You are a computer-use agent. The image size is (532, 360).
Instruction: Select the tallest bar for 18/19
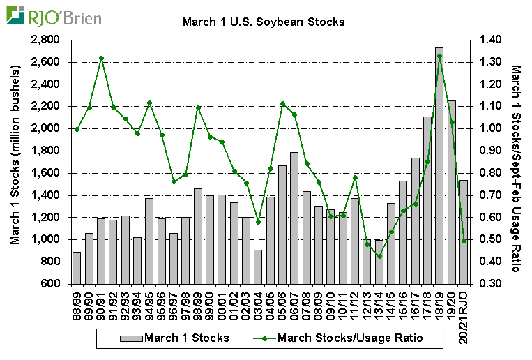(x=439, y=166)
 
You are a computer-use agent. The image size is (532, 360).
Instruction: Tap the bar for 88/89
(x=77, y=268)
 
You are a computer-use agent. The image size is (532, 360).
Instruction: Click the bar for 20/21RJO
(x=464, y=232)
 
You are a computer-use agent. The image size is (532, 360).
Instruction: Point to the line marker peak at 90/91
(x=102, y=59)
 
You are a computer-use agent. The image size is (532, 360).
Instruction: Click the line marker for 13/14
(x=379, y=256)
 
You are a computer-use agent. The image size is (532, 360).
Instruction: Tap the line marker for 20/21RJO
(x=464, y=241)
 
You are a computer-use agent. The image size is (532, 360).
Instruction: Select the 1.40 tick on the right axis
(x=491, y=40)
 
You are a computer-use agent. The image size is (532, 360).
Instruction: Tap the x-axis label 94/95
(x=150, y=301)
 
